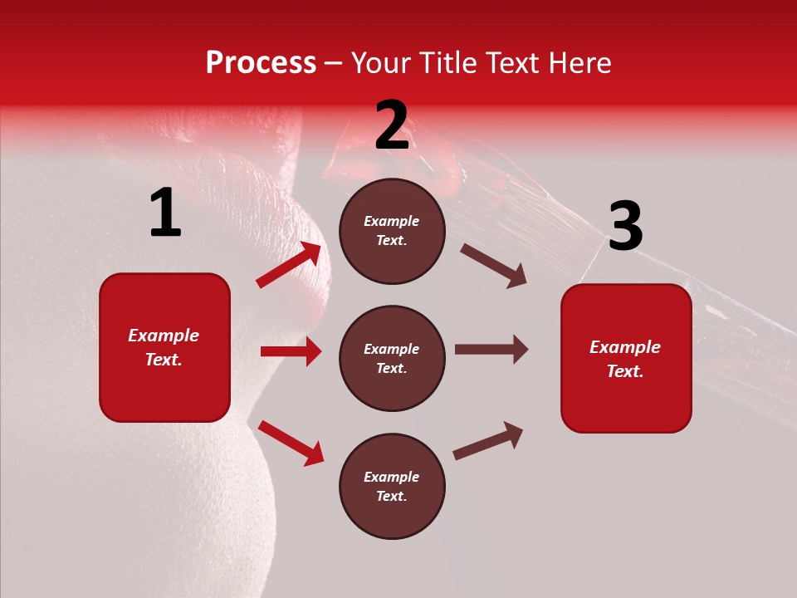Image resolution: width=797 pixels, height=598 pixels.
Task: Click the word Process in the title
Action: pos(261,63)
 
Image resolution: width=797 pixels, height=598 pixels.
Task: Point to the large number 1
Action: pos(165,213)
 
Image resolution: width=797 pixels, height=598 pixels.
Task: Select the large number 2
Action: pos(392,125)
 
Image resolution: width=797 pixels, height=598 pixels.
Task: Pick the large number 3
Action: pos(625,226)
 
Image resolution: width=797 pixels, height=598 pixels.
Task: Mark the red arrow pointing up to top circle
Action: pos(289,265)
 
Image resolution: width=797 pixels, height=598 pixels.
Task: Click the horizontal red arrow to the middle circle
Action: pos(291,351)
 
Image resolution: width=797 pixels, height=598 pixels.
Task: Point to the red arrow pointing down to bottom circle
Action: pos(291,443)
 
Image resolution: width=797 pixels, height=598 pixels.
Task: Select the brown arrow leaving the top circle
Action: pos(494,265)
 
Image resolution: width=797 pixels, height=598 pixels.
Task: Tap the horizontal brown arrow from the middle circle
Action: pos(491,349)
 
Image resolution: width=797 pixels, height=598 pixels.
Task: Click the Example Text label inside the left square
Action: pos(164,347)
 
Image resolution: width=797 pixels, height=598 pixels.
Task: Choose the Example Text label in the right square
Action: pos(626,359)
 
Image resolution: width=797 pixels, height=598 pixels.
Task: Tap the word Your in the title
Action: pos(379,63)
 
